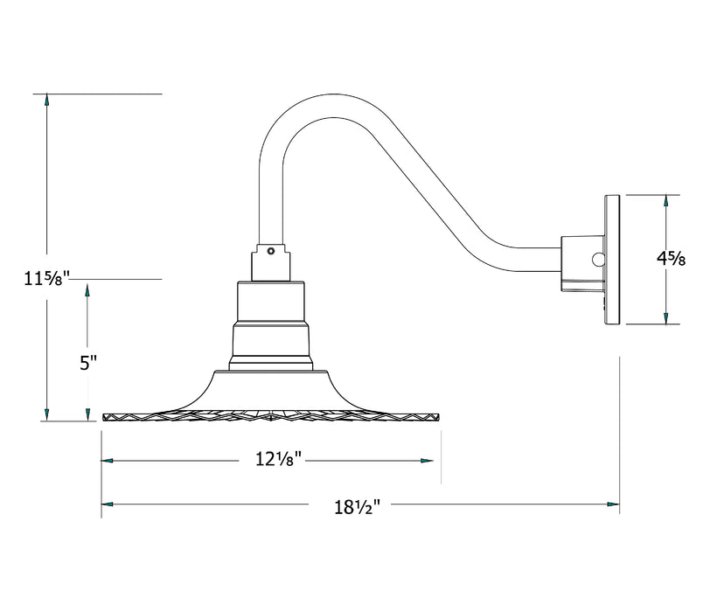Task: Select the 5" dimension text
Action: (x=87, y=364)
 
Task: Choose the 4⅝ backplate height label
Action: (x=672, y=258)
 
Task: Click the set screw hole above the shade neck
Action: (x=271, y=251)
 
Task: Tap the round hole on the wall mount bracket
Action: (x=597, y=259)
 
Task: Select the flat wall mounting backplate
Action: (x=611, y=261)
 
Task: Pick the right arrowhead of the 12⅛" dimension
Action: (x=428, y=460)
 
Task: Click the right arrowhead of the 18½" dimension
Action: (x=613, y=504)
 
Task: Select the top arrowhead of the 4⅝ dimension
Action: (x=666, y=201)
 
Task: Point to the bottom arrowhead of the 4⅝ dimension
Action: (x=666, y=318)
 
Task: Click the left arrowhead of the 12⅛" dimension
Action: (x=108, y=460)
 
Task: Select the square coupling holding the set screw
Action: (x=271, y=261)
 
